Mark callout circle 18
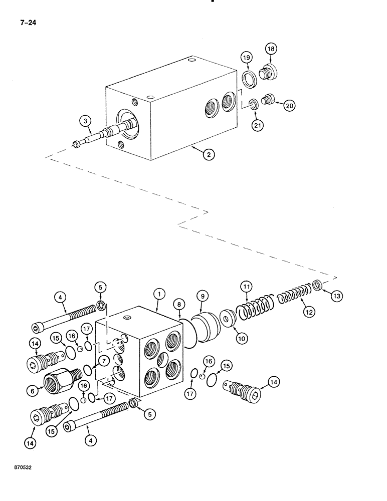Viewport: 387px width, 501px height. pos(271,49)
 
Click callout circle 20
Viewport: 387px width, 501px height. pos(289,105)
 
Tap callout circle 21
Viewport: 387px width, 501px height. pos(258,126)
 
